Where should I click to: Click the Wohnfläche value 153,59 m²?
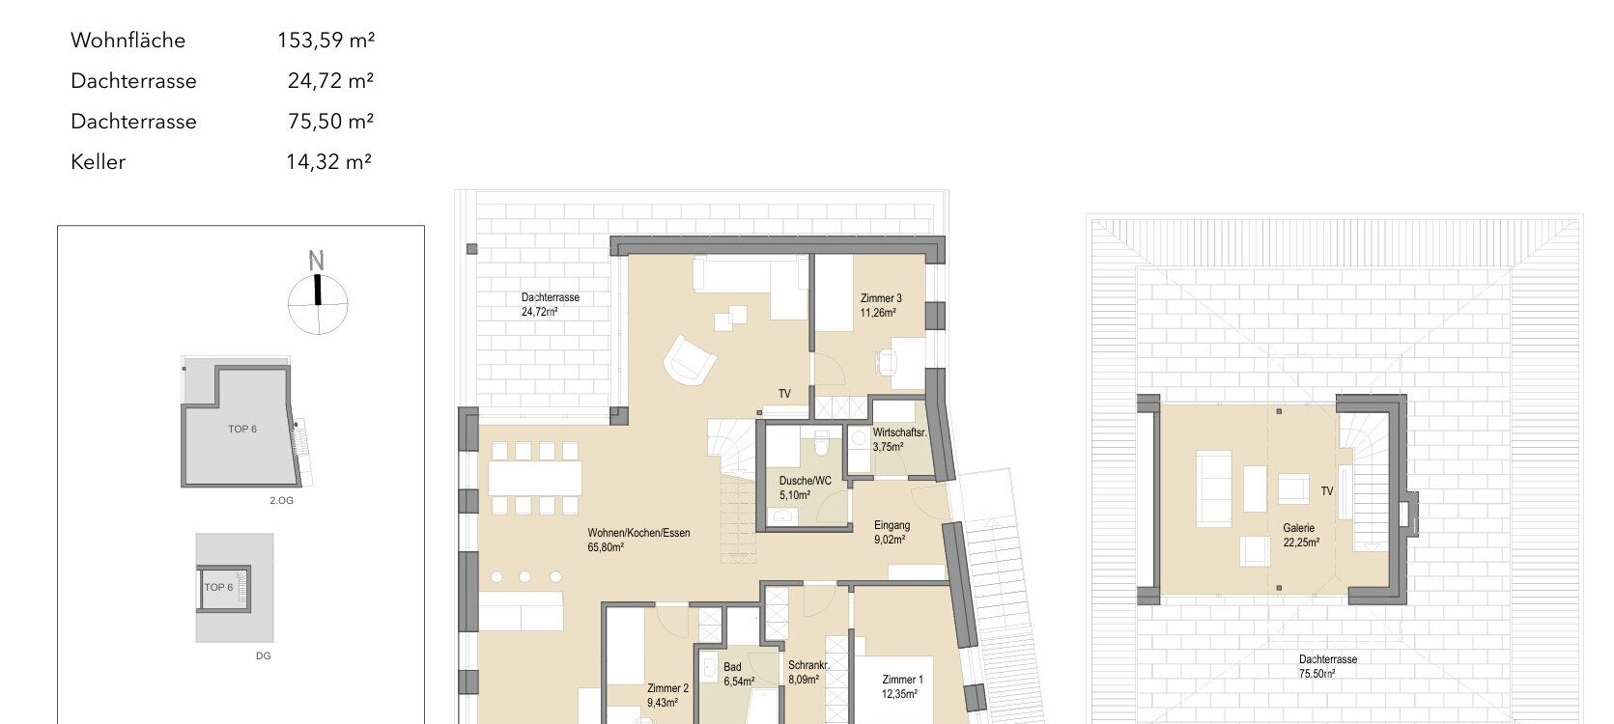pyautogui.click(x=326, y=41)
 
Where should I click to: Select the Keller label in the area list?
pyautogui.click(x=98, y=161)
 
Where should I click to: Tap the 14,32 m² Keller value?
pyautogui.click(x=328, y=161)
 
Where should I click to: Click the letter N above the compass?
pyautogui.click(x=316, y=260)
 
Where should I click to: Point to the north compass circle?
pyautogui.click(x=318, y=304)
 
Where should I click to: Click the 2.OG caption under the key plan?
pyautogui.click(x=282, y=500)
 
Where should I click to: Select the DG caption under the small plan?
pyautogui.click(x=263, y=655)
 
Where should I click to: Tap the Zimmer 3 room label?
pyautogui.click(x=881, y=298)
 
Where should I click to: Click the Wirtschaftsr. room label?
pyautogui.click(x=899, y=433)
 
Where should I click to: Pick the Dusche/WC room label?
pyautogui.click(x=805, y=481)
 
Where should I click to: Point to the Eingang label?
pyautogui.click(x=892, y=525)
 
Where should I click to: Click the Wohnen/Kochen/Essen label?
pyautogui.click(x=638, y=533)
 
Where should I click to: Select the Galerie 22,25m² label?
pyautogui.click(x=1300, y=535)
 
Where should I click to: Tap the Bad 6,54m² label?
pyautogui.click(x=739, y=674)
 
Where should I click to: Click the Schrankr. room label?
pyautogui.click(x=808, y=665)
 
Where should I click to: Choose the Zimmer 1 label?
pyautogui.click(x=902, y=680)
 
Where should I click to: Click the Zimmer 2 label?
pyautogui.click(x=667, y=688)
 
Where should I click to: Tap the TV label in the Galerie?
pyautogui.click(x=1326, y=491)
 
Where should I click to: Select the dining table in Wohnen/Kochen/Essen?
pyautogui.click(x=534, y=478)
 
